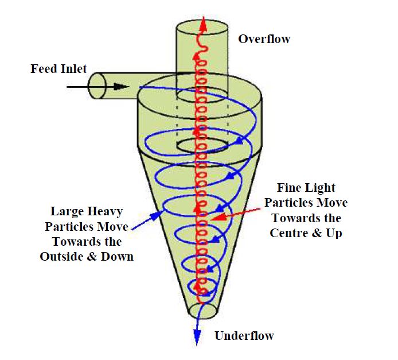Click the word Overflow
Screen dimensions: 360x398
point(264,40)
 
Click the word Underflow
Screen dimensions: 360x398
point(244,336)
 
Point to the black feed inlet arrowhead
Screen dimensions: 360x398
point(121,87)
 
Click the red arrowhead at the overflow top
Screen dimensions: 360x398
point(200,25)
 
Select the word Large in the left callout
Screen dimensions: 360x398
point(67,211)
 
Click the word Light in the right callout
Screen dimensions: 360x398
point(321,188)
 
